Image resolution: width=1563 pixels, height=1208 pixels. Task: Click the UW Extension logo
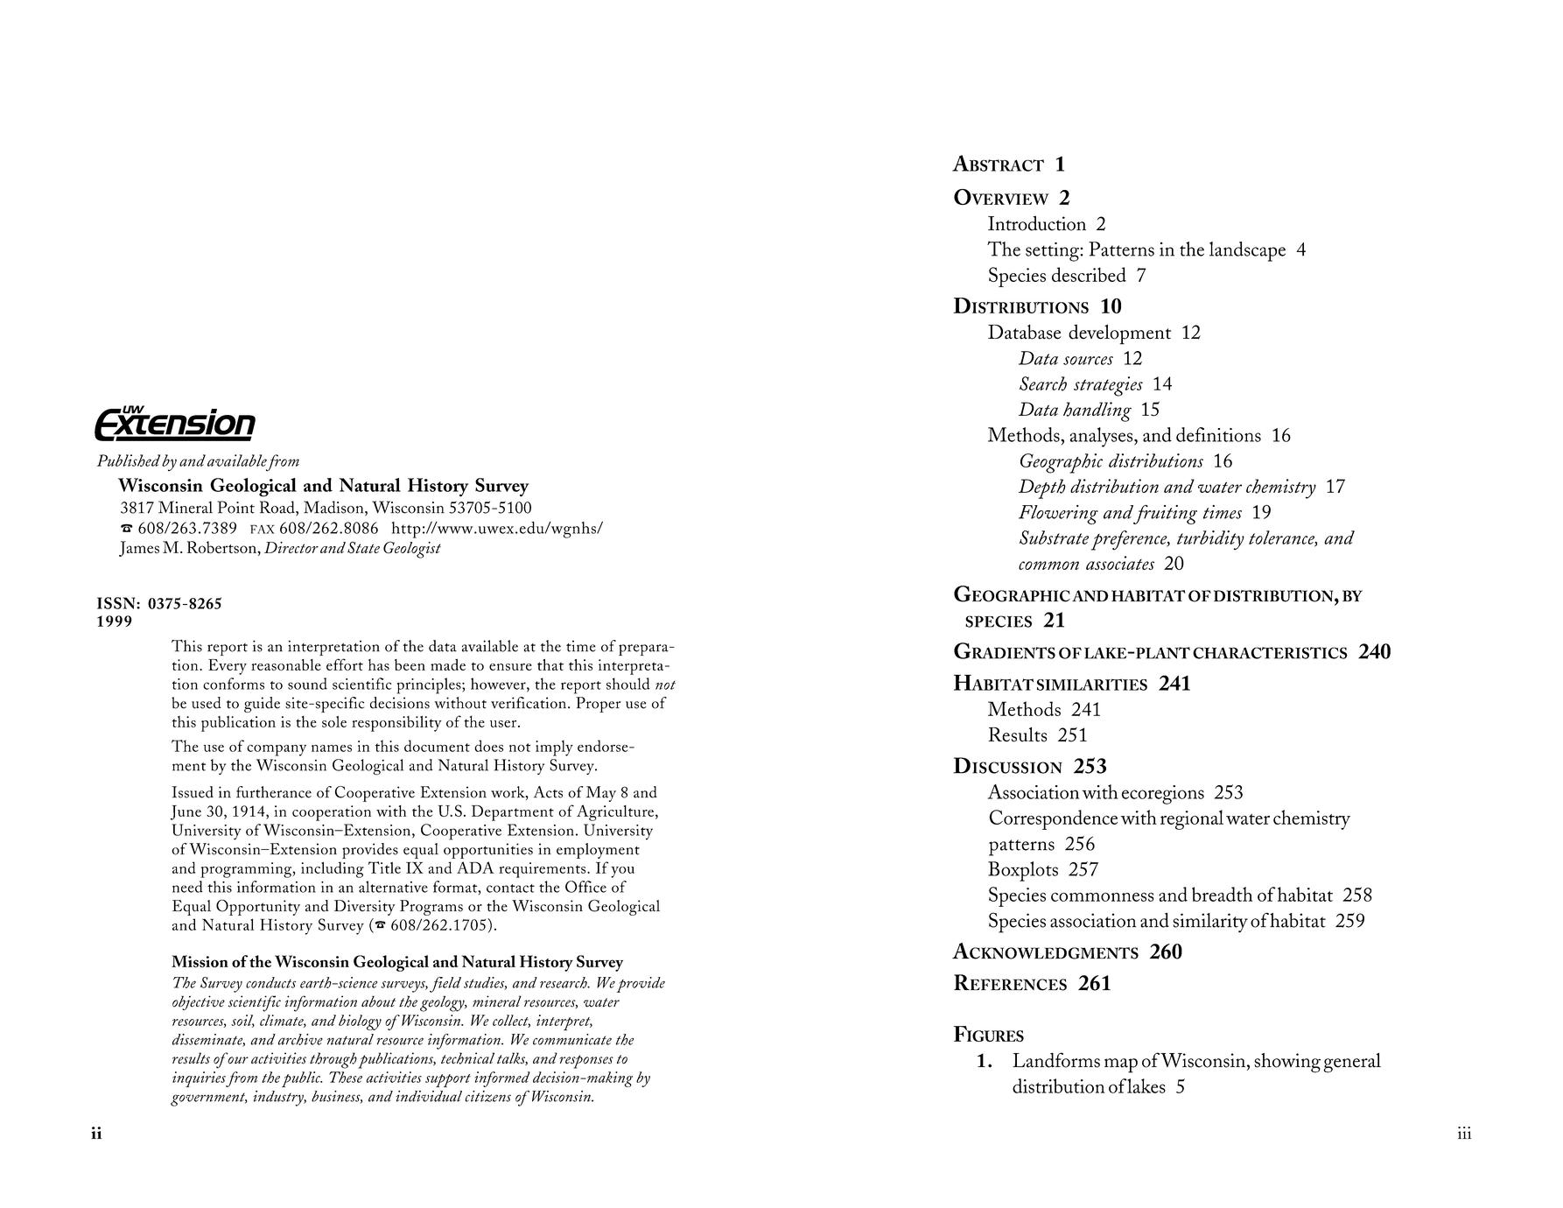[174, 424]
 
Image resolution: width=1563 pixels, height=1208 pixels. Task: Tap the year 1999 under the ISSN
[115, 622]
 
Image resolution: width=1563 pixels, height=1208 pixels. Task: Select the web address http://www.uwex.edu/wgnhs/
[496, 528]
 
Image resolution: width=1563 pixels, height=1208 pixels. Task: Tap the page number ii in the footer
[96, 1134]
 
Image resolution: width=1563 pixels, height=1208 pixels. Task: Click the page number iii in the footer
[1464, 1134]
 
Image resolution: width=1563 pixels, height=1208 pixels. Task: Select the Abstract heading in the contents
[999, 165]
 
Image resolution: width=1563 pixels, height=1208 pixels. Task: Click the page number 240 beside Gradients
[1374, 652]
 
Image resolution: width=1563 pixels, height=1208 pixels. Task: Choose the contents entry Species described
[1056, 276]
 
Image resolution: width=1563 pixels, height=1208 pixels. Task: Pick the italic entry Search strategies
[1081, 384]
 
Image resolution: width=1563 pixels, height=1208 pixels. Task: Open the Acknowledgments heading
[1046, 952]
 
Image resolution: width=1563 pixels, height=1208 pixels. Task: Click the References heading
[1010, 984]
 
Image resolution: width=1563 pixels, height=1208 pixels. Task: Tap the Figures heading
[988, 1036]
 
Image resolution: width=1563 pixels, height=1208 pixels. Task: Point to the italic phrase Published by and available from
[198, 461]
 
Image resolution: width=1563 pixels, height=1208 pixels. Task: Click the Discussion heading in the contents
[1007, 767]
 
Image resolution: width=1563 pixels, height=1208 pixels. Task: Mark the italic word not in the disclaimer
[664, 685]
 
